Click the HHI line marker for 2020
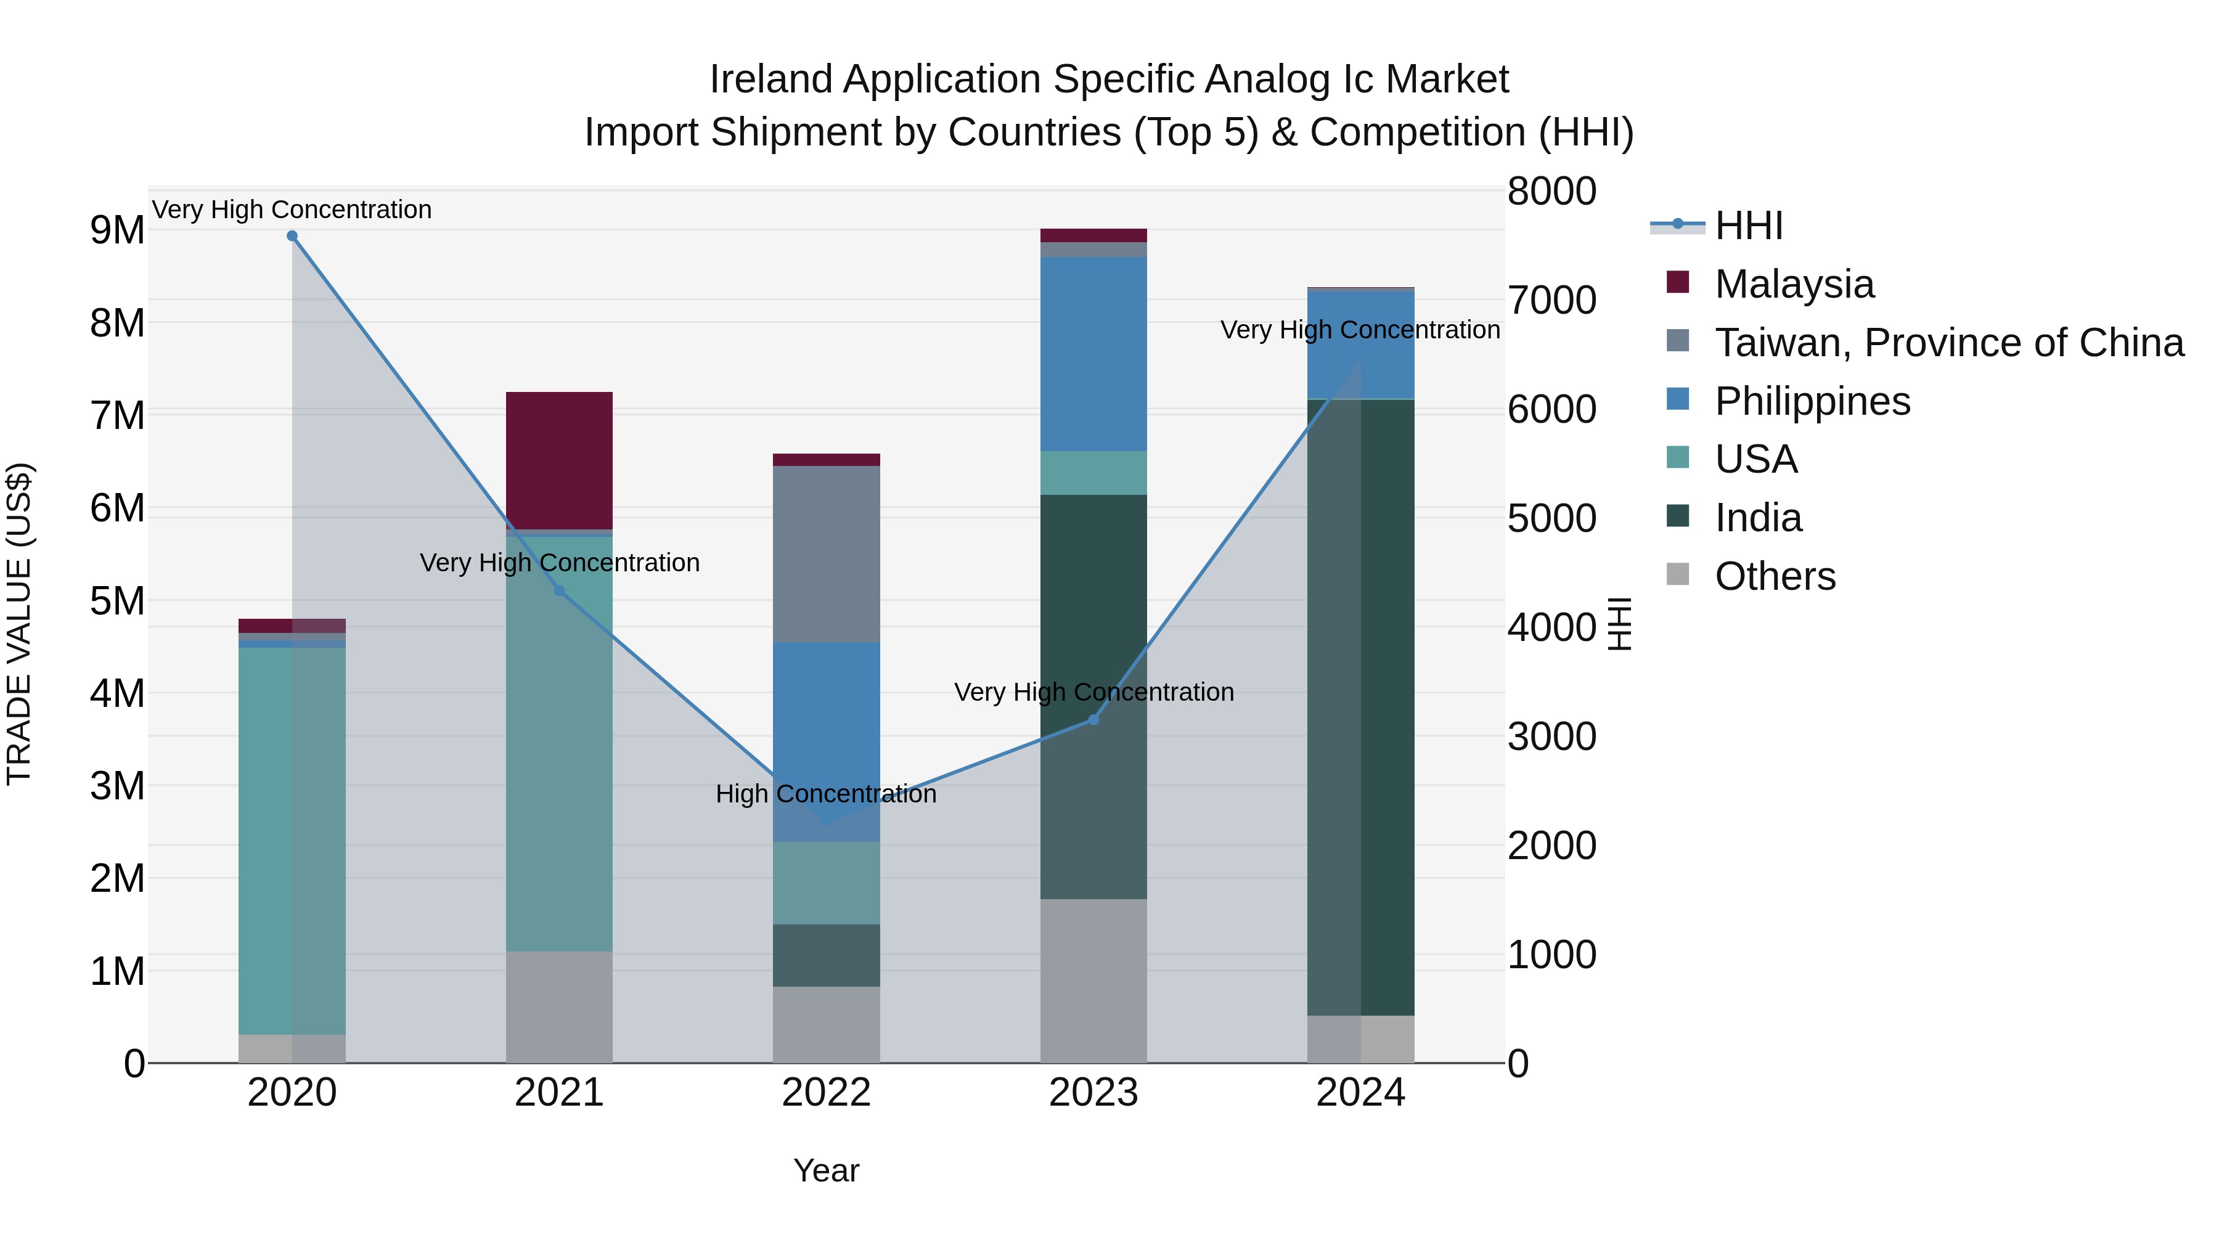click(x=292, y=236)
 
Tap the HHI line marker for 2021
click(x=559, y=591)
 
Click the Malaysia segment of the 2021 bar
click(x=559, y=461)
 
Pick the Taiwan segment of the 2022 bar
click(x=826, y=554)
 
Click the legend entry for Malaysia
click(x=1794, y=284)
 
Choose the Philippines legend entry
click(x=1812, y=401)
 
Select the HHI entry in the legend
click(x=1748, y=226)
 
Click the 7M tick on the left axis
click(x=118, y=415)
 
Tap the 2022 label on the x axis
click(x=826, y=1093)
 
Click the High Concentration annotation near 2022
click(x=826, y=793)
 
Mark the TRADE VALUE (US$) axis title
click(x=19, y=624)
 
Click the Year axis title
click(x=826, y=1170)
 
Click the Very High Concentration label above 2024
click(x=1360, y=330)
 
